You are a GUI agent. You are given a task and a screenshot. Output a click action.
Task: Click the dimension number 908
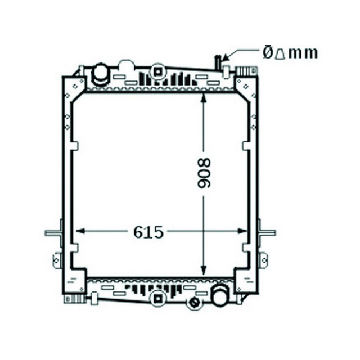point(204,173)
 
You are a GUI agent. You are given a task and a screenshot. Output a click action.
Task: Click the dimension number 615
point(148,232)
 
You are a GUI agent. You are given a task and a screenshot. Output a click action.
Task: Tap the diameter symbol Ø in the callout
point(268,53)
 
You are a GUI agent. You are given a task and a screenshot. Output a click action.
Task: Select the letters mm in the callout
point(304,53)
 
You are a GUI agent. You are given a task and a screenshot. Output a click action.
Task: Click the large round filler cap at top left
point(101,73)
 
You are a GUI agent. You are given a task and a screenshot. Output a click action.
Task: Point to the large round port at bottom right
point(220,294)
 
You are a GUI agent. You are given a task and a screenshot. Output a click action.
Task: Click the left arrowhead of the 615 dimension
point(79,231)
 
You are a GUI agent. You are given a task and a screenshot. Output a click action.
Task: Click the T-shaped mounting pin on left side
point(53,232)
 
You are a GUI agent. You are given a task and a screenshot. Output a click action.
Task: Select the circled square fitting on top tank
point(158,71)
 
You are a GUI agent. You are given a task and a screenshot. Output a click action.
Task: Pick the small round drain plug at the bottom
point(195,303)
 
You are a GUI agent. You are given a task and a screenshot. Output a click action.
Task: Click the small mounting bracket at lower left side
point(57,260)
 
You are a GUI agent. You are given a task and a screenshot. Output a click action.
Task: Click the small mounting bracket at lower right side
point(263,260)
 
